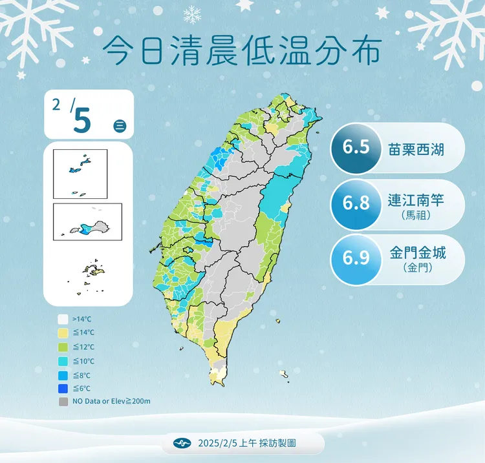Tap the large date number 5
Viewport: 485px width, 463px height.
tap(82, 120)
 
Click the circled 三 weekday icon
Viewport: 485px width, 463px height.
tap(120, 126)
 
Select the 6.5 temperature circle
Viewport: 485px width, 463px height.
tap(356, 148)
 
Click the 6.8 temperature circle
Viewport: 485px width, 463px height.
tap(357, 202)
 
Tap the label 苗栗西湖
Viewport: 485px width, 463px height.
tap(417, 148)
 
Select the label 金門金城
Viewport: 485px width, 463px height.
tap(418, 251)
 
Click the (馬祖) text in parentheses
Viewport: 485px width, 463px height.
tap(416, 215)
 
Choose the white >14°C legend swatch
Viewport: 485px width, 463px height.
tap(63, 319)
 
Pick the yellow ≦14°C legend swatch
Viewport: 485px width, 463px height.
tap(63, 333)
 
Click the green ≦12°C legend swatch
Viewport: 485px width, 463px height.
tap(63, 347)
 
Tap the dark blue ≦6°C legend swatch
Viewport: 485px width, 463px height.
tap(63, 388)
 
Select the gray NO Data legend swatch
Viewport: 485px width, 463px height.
tap(63, 402)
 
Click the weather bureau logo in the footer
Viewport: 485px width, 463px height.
tap(183, 444)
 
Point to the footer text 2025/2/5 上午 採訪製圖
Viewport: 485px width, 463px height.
tap(251, 444)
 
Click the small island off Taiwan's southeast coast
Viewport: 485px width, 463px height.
tap(283, 374)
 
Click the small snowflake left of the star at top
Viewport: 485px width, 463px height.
tap(192, 14)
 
